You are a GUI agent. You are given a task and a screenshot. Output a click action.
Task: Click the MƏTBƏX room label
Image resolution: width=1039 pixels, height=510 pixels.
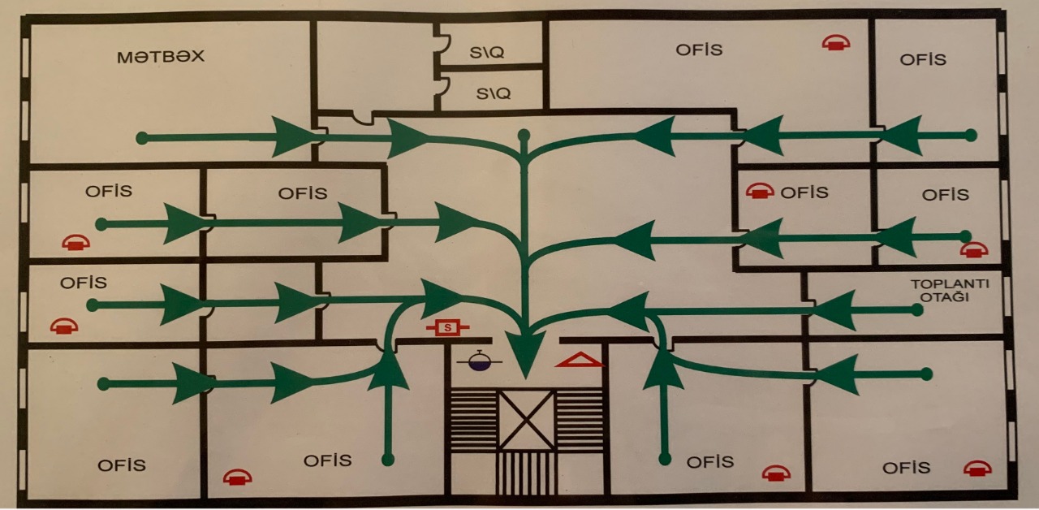pos(160,58)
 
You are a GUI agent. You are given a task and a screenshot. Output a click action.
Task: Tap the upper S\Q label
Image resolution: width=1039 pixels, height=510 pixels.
pos(487,52)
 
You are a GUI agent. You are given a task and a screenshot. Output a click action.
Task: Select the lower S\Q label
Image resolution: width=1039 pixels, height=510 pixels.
pos(494,93)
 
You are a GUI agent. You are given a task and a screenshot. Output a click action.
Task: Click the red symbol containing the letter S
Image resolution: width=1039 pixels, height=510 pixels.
pos(445,327)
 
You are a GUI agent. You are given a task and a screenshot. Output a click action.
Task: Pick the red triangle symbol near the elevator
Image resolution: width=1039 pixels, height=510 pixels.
pos(580,359)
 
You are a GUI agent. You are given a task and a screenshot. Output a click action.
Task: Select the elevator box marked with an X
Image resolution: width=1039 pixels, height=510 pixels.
pos(526,419)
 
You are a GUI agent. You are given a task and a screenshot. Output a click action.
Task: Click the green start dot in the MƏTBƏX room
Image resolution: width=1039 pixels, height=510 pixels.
pos(142,138)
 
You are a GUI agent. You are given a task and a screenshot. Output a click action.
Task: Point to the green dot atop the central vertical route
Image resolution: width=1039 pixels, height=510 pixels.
pos(524,134)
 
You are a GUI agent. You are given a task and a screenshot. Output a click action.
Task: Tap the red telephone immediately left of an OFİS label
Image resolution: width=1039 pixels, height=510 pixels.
pos(759,191)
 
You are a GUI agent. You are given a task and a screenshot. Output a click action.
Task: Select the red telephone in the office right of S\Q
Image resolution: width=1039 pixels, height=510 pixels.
pos(835,42)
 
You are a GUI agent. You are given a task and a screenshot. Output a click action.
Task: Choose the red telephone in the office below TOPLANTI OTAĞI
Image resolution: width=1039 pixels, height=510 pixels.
pos(977,468)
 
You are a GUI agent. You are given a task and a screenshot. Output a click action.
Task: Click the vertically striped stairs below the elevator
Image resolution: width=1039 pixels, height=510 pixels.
pos(525,473)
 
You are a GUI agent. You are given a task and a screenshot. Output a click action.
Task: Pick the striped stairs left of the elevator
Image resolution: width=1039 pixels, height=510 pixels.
pos(472,419)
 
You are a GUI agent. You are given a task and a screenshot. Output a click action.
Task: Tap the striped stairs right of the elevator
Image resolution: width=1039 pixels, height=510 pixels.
pos(580,419)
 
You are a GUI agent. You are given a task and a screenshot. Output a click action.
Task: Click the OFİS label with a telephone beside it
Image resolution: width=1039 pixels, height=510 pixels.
pos(804,192)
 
